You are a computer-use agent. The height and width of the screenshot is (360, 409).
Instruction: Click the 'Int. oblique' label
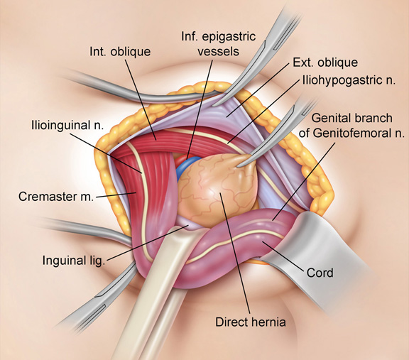[x=120, y=52]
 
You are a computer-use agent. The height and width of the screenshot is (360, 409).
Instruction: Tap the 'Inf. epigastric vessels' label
[x=218, y=44]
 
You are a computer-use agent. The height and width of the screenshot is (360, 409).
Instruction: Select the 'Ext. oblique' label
[x=325, y=62]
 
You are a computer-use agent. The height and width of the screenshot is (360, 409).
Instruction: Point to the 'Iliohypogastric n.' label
[x=349, y=80]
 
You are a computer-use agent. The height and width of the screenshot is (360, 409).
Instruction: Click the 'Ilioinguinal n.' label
[x=67, y=125]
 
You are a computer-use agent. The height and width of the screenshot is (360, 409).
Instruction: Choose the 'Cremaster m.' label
[x=56, y=197]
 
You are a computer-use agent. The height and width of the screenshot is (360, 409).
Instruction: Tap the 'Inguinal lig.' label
[x=74, y=260]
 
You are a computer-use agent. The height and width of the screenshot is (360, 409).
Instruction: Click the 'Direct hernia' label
[x=251, y=322]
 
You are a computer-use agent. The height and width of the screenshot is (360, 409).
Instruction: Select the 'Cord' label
[x=320, y=273]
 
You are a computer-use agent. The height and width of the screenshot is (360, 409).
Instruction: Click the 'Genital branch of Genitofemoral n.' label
[x=351, y=126]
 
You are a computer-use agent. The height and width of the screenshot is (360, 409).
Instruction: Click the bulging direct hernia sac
[x=217, y=188]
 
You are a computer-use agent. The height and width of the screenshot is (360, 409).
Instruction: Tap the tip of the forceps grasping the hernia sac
[x=238, y=165]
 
